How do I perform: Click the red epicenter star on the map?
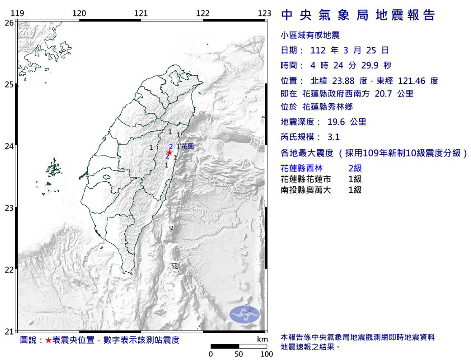[x=169, y=153]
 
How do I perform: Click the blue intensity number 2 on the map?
[x=170, y=146]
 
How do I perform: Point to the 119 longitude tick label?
[x=17, y=13]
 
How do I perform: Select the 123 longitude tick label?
[x=264, y=13]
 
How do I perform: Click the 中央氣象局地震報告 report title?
[x=358, y=16]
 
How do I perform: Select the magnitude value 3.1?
[x=334, y=137]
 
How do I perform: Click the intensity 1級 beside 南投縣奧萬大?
[x=355, y=190]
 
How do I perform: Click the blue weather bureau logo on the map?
[x=245, y=314]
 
